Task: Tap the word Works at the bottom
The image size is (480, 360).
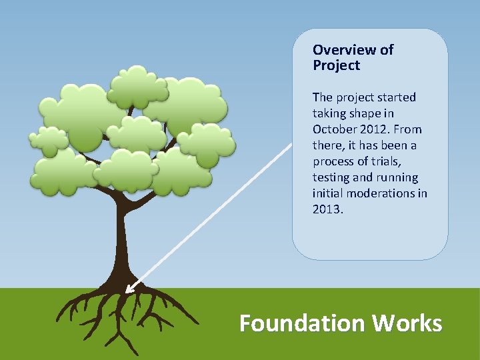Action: (x=407, y=323)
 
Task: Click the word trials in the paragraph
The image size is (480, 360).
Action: (x=399, y=161)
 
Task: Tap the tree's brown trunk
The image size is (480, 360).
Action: (x=123, y=240)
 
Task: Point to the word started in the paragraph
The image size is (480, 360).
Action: (x=394, y=97)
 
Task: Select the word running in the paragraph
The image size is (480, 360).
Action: (x=397, y=177)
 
